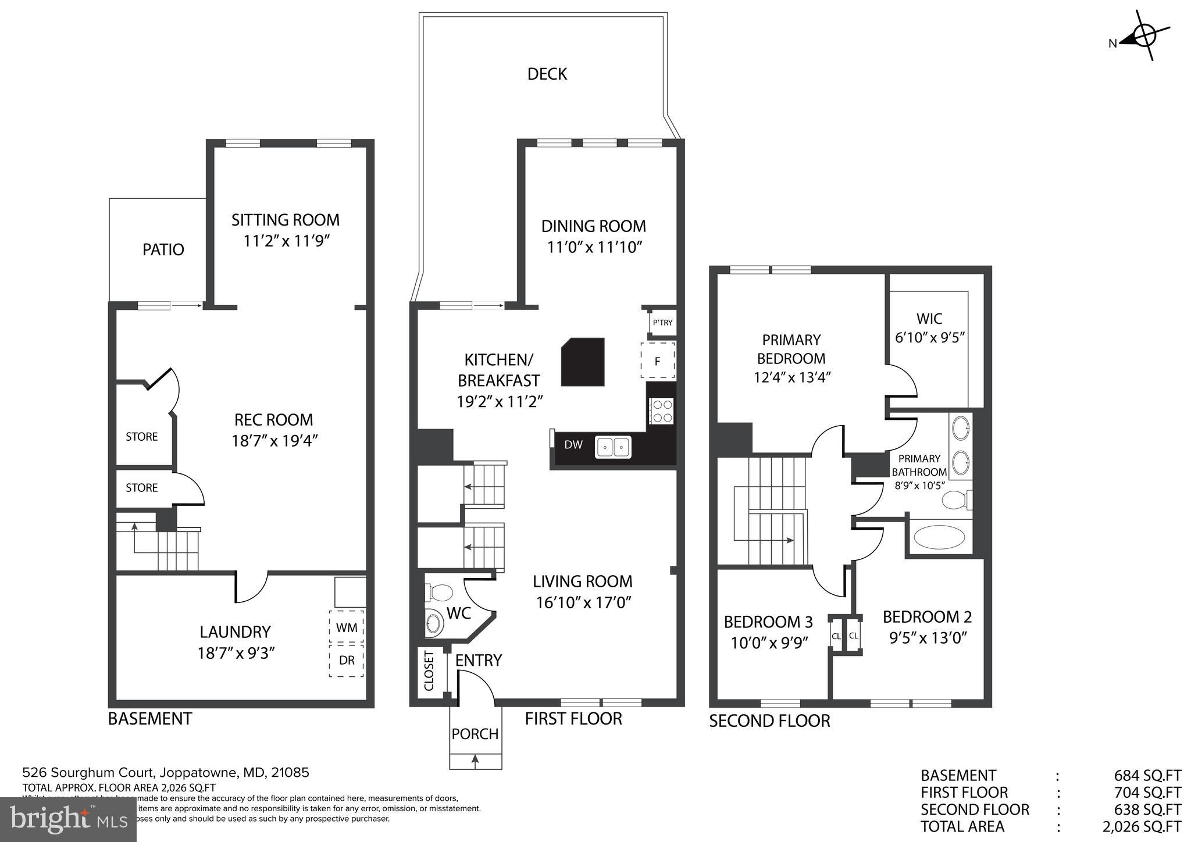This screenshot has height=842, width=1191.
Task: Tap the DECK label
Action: (547, 74)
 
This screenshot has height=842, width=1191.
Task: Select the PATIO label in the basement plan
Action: (163, 249)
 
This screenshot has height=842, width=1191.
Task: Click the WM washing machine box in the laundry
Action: (346, 628)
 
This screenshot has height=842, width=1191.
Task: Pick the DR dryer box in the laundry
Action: (347, 660)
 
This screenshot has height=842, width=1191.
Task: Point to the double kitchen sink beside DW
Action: (613, 447)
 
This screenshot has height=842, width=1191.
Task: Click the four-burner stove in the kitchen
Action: (661, 411)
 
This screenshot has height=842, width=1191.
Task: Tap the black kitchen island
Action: (583, 362)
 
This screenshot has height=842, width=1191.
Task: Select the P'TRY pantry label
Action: (662, 323)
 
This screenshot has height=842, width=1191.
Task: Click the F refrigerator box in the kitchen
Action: (658, 361)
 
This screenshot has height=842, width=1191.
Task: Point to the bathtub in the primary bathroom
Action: (939, 537)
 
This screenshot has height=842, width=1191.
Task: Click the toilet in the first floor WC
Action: (438, 593)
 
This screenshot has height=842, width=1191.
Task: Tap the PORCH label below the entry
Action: (475, 734)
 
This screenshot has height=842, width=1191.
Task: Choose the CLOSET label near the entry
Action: (429, 671)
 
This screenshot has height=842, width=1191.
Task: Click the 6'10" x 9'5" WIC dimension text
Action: (930, 337)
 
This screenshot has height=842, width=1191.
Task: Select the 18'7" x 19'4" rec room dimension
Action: (274, 440)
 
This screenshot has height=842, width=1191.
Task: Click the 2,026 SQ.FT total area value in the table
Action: (1141, 826)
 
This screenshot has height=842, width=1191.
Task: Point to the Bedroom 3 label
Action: (768, 622)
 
